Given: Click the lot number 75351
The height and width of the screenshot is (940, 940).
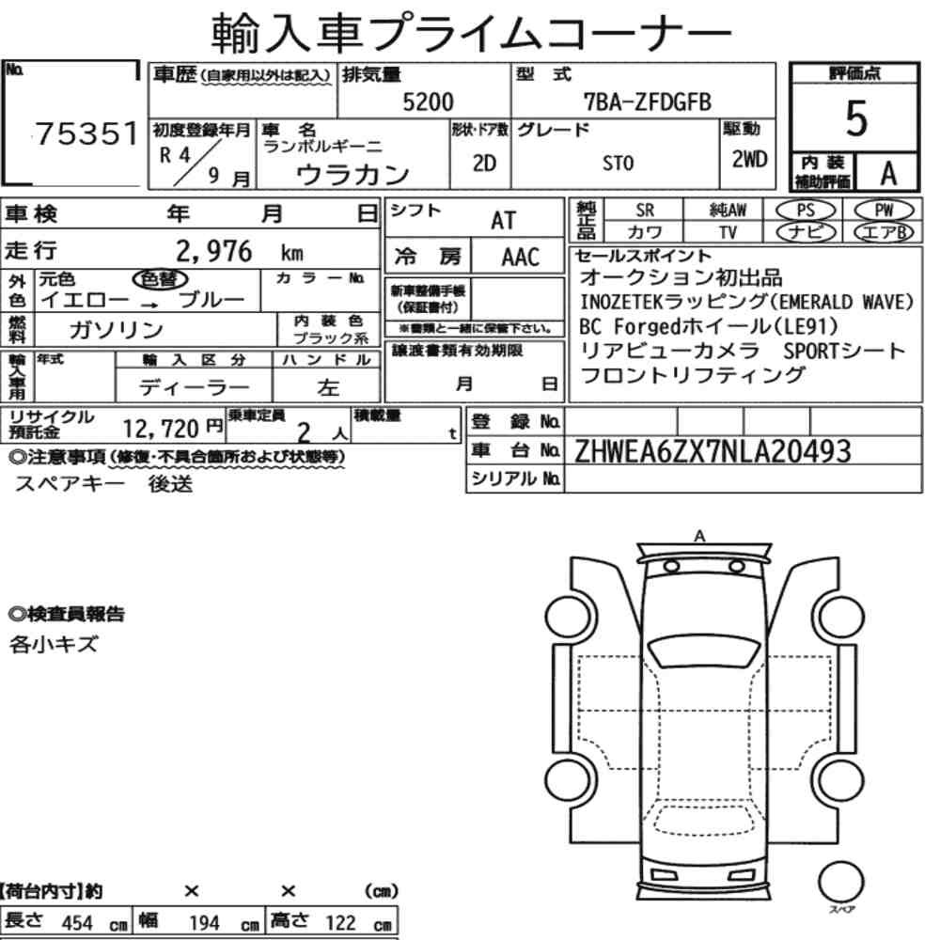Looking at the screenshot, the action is [x=86, y=133].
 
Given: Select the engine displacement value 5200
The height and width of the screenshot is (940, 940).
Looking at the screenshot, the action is [x=428, y=102].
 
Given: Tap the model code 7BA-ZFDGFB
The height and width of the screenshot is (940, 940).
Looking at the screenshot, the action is [x=648, y=102].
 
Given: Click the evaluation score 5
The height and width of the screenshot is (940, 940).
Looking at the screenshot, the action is [x=855, y=118].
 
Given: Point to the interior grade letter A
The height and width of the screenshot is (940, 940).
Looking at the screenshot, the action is [x=888, y=173].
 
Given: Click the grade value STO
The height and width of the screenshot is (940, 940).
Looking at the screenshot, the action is [x=618, y=163].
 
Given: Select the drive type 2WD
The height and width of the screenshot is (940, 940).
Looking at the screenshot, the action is [x=749, y=159].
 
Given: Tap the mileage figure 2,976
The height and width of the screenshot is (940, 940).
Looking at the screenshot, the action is [x=214, y=251].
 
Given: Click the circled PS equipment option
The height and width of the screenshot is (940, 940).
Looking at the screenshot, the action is [x=806, y=211].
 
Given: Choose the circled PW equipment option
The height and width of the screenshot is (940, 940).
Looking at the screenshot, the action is [x=884, y=211].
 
